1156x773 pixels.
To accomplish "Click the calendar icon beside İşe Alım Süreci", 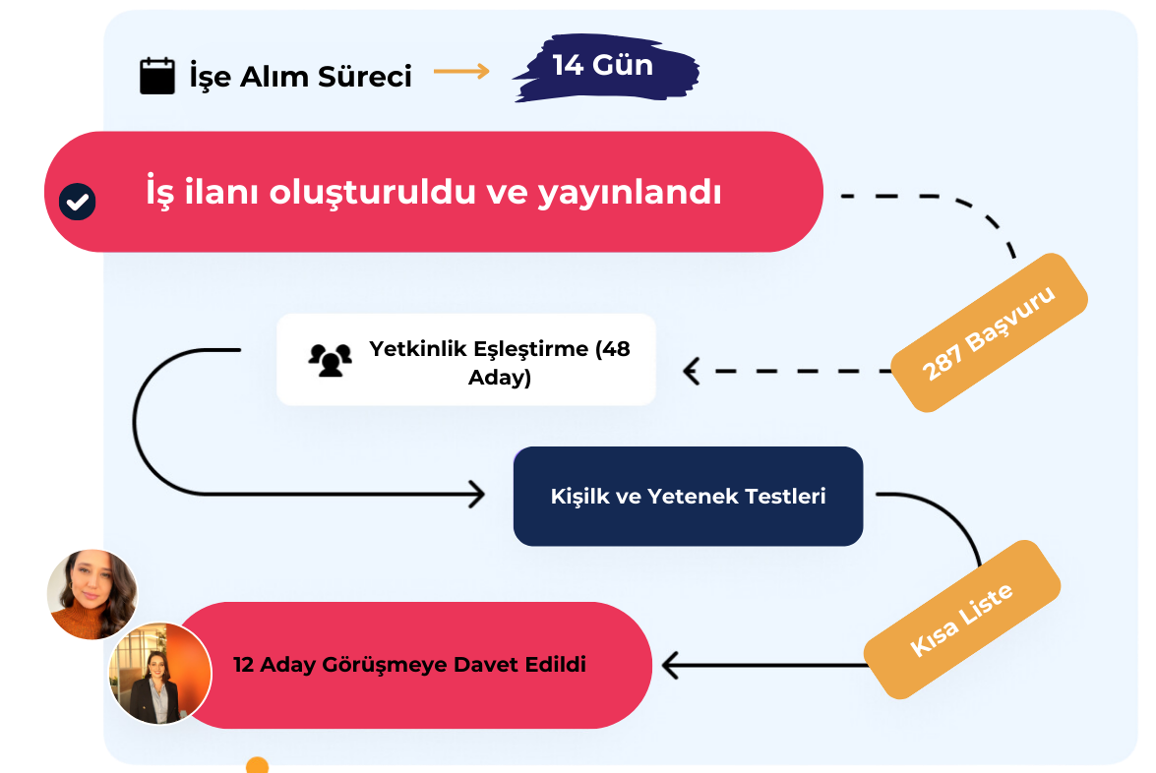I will point(157,76).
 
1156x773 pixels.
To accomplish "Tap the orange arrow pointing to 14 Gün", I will point(461,71).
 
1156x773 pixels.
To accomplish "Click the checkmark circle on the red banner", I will point(78,202).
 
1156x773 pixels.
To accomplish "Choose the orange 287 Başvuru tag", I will point(989,332).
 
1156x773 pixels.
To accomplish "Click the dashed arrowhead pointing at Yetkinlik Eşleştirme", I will point(692,372).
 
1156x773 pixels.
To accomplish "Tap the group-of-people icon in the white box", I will point(330,360).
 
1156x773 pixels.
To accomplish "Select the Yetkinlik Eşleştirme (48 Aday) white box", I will point(465,360).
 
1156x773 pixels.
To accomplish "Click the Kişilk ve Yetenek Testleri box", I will point(688,497).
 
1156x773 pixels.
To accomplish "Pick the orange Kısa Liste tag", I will point(961,621).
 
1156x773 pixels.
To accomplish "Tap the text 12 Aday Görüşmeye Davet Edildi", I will point(409,665).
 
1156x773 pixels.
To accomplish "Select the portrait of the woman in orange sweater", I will point(91,594).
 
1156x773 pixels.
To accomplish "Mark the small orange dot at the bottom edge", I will point(257,765).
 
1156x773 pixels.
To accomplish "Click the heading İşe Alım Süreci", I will point(300,76).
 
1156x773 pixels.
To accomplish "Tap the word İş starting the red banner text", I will point(160,192).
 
